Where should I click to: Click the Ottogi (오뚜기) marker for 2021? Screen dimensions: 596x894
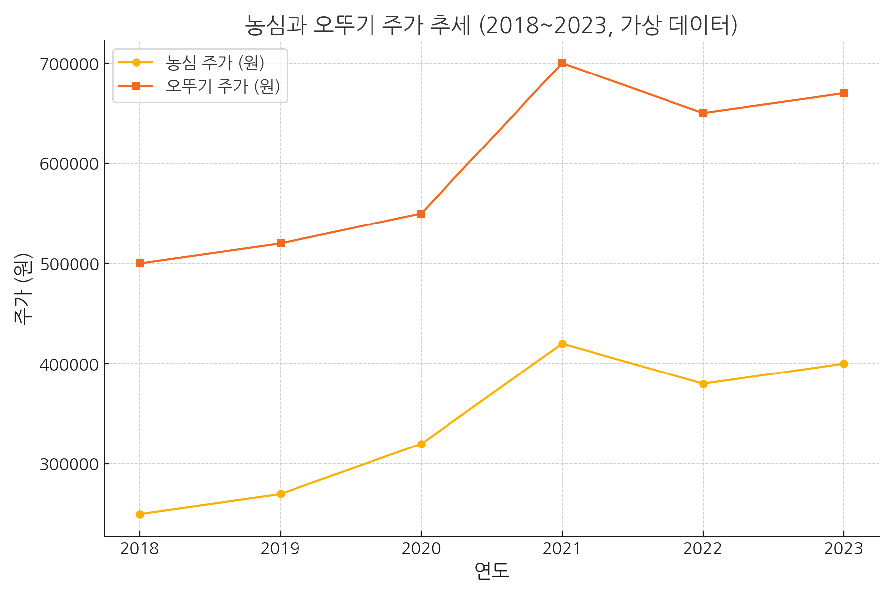coord(562,63)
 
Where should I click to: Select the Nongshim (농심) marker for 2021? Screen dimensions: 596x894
coord(562,344)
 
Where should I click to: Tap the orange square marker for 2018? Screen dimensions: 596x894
coord(140,263)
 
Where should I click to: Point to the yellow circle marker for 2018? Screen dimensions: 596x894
coord(140,514)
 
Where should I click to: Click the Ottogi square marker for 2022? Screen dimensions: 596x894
coord(703,113)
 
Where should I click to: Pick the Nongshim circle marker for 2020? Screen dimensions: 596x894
coord(421,444)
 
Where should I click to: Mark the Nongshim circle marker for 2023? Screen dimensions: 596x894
coord(844,364)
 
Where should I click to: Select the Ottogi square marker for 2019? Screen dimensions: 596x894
coord(281,243)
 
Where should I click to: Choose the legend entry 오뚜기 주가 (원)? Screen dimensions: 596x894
coord(223,86)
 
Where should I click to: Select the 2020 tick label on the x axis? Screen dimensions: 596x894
coord(421,549)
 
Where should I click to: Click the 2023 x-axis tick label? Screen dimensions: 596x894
coord(844,549)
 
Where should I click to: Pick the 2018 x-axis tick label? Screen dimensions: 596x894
coord(140,549)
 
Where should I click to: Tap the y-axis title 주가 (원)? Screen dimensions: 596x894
coord(23,289)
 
